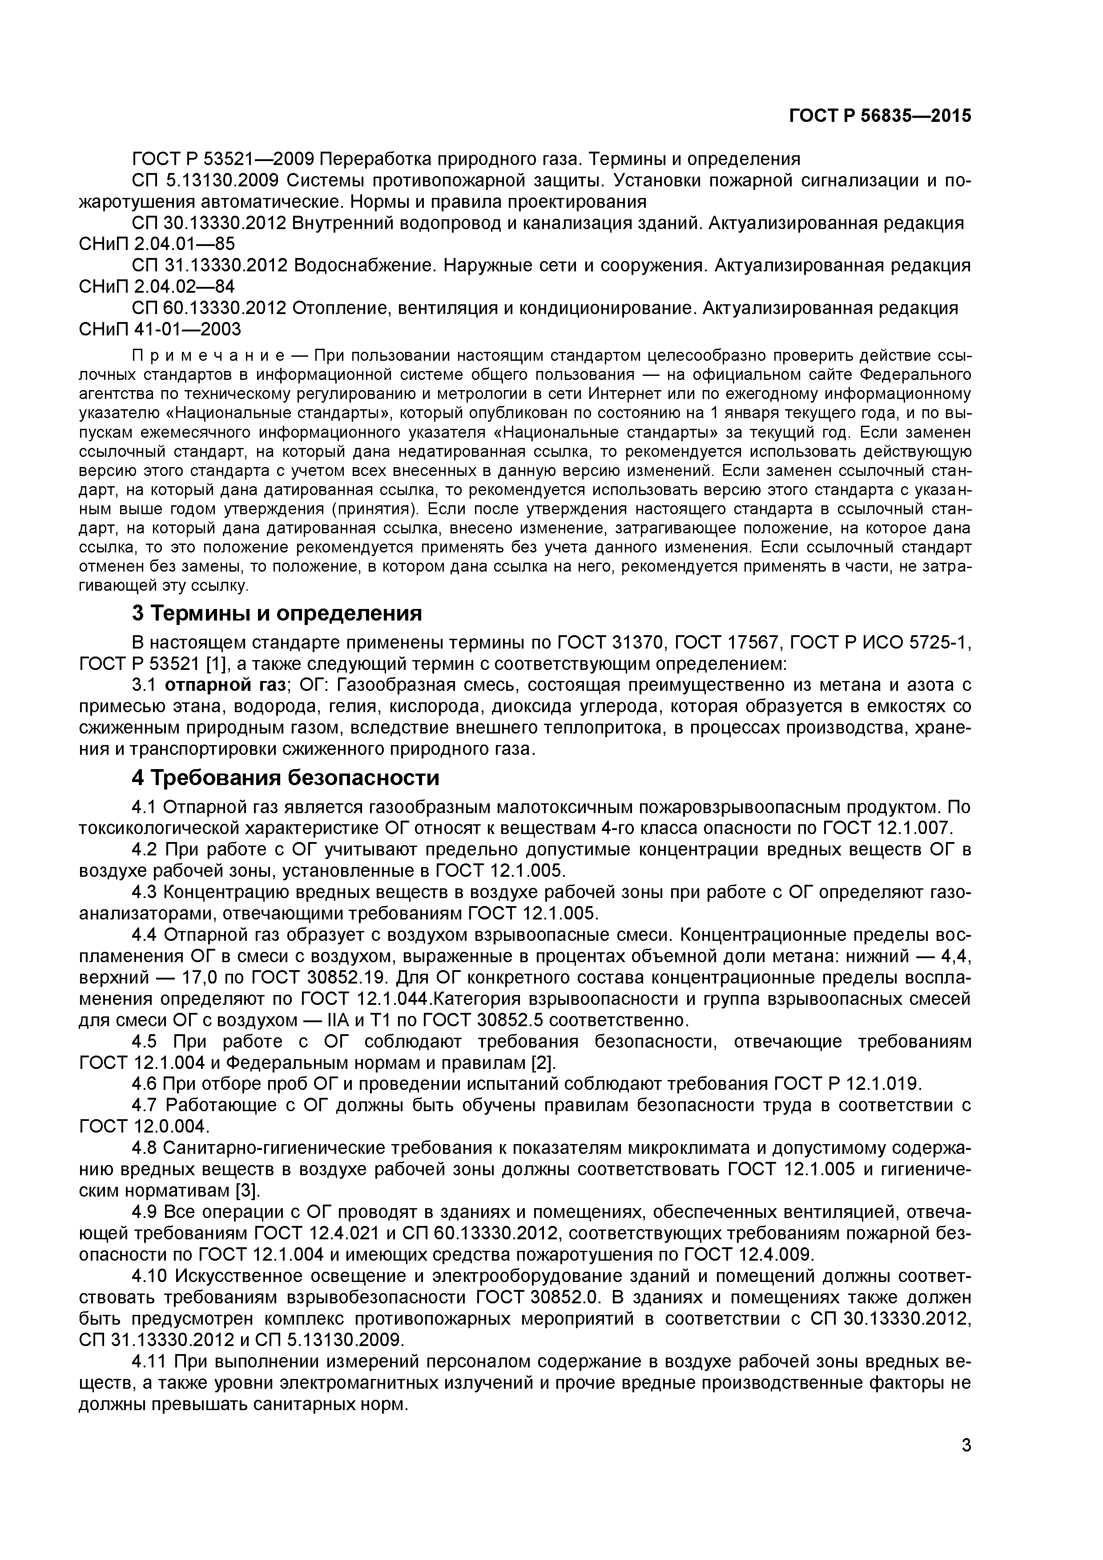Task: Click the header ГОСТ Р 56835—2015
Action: tap(880, 116)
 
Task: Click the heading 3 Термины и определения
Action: tap(277, 613)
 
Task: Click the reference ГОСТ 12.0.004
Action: tap(143, 1126)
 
